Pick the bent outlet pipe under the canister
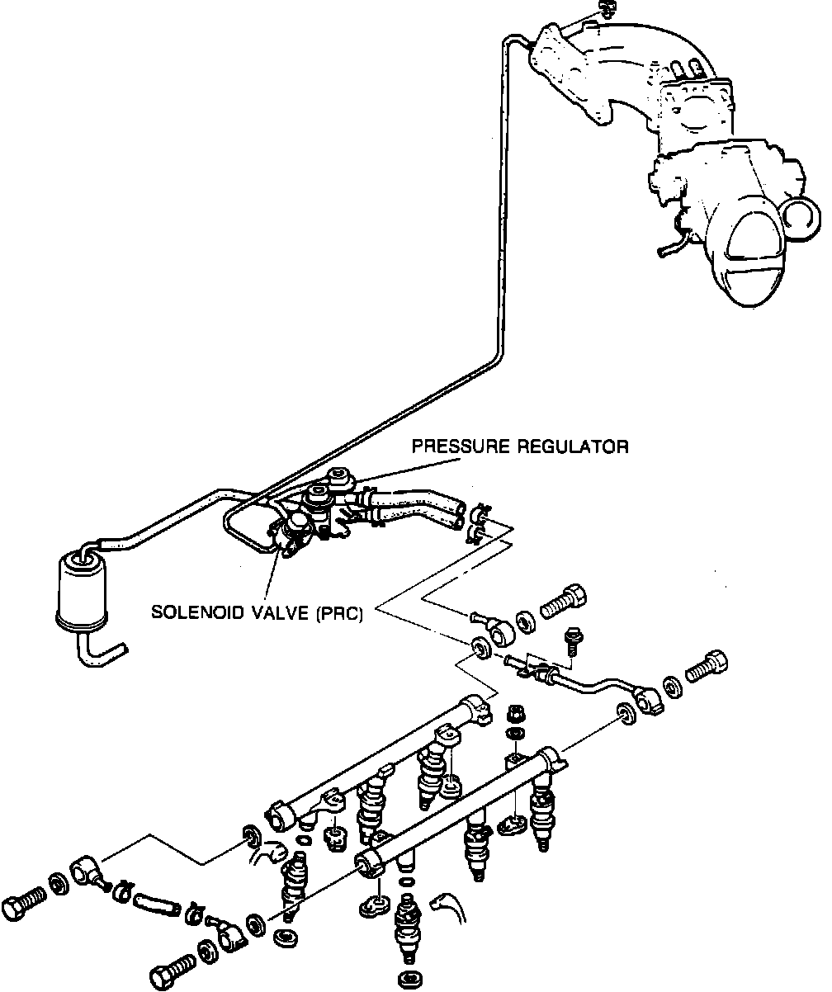pos(99,650)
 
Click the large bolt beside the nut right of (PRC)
pos(565,600)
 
